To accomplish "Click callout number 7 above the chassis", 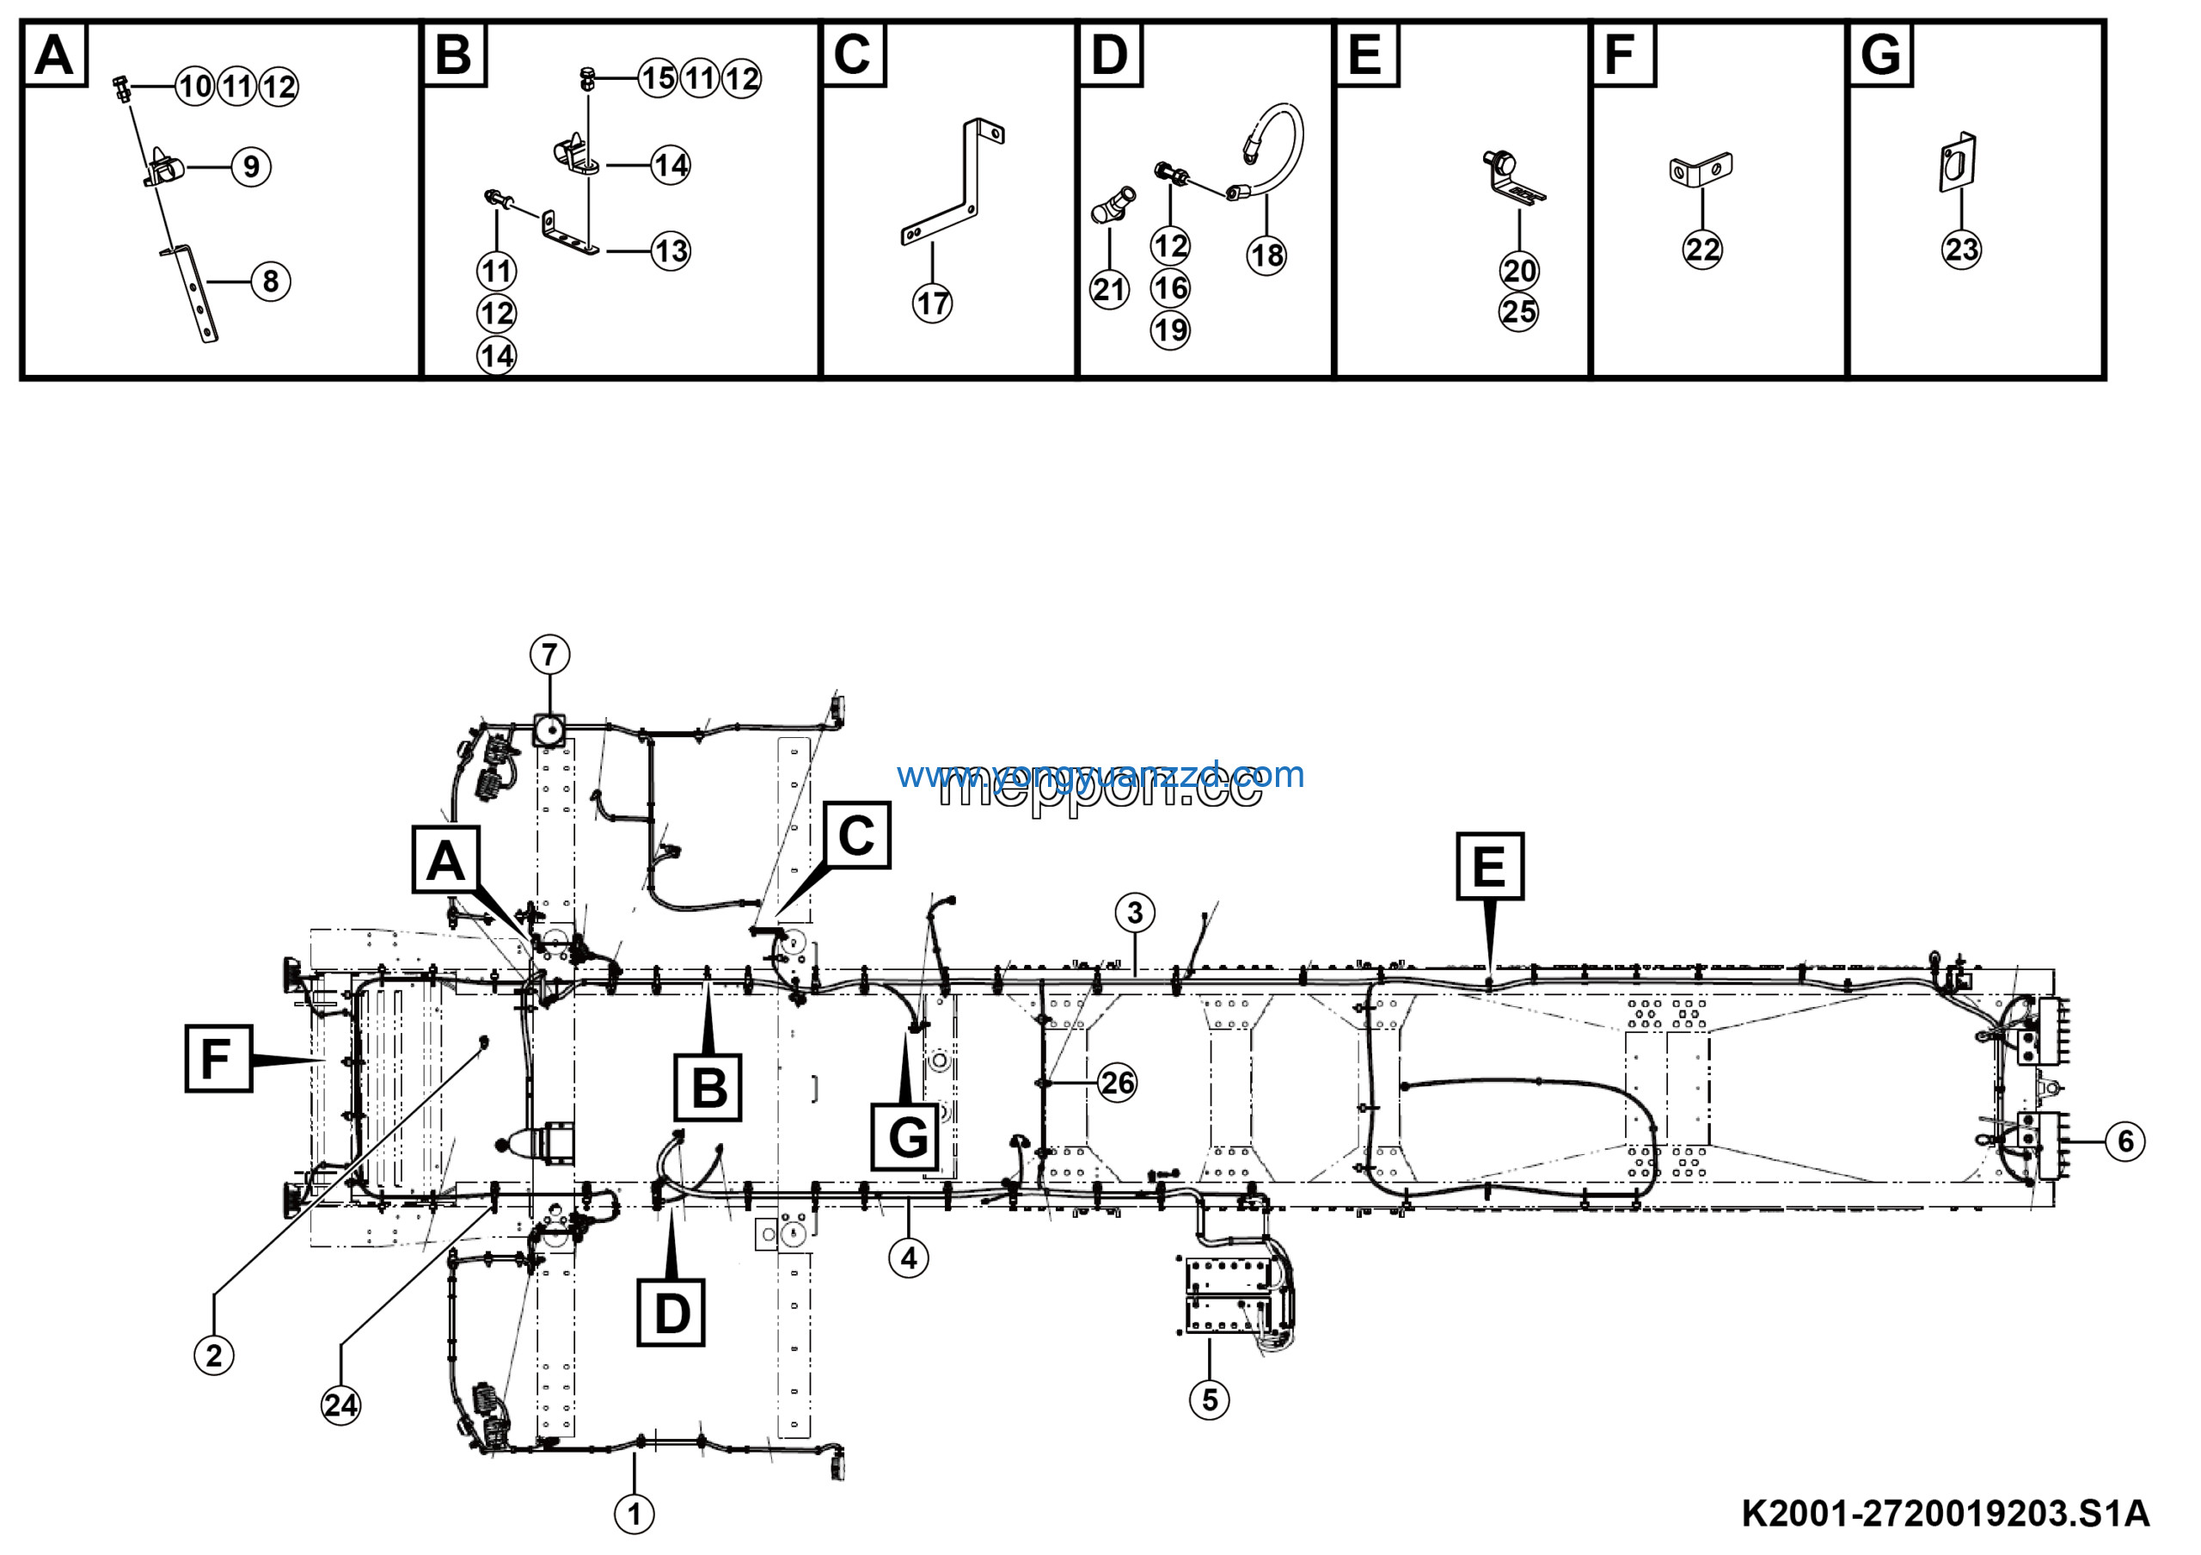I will tap(549, 655).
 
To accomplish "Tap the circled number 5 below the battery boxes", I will tap(1209, 1399).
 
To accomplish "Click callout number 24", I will tap(340, 1405).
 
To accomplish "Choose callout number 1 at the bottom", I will tap(634, 1515).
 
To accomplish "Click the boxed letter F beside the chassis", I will tap(218, 1059).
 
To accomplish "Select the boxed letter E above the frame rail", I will tap(1489, 866).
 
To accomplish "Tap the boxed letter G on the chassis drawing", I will tap(907, 1137).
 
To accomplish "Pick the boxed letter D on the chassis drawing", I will tap(671, 1312).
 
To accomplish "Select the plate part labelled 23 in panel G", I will tap(1959, 163).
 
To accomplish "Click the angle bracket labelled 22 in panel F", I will tap(1701, 170).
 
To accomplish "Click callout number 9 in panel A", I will tap(251, 167).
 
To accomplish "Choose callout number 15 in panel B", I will tap(659, 77).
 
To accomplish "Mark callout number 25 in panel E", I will tap(1518, 311).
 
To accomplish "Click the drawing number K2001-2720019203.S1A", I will tap(1945, 1513).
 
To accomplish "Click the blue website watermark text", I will tap(1100, 774).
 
